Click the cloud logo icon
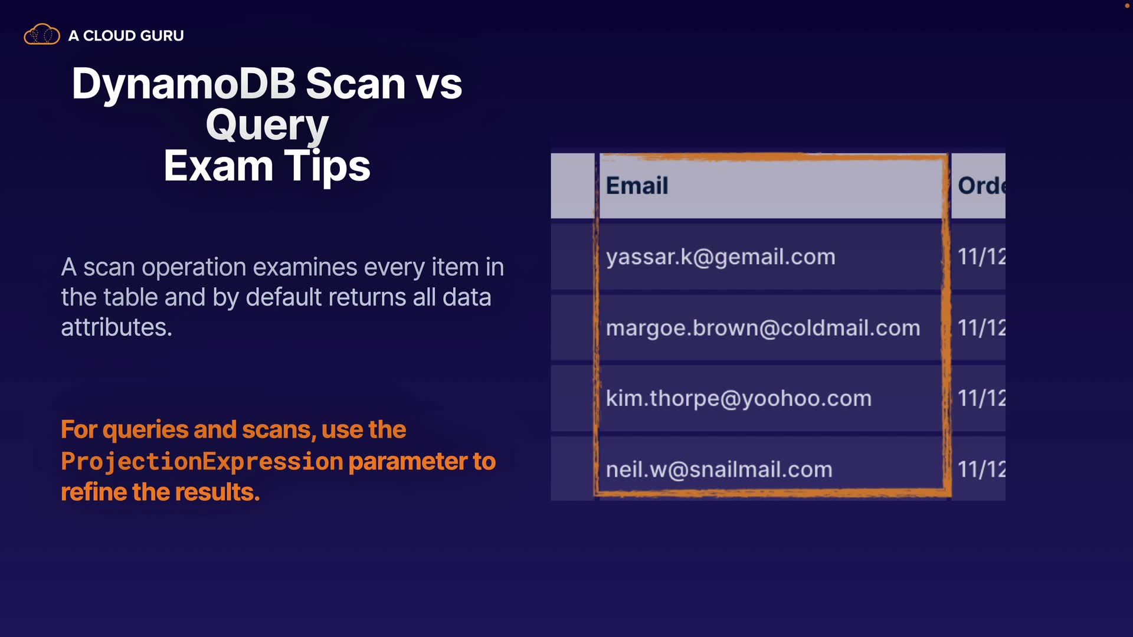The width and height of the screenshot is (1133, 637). [x=41, y=35]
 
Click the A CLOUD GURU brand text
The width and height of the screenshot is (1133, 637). [x=126, y=35]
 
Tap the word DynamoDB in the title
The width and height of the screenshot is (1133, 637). [x=184, y=83]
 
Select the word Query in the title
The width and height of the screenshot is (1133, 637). [x=267, y=126]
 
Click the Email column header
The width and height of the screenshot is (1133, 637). [x=637, y=186]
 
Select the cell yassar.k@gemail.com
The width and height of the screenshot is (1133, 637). [x=721, y=257]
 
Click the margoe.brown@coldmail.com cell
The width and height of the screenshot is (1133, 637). [x=763, y=328]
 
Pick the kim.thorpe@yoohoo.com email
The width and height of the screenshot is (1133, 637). [x=739, y=399]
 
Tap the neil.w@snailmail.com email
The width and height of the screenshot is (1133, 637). [x=719, y=469]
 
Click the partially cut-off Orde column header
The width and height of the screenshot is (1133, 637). [x=981, y=186]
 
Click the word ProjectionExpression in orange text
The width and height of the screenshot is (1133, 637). [x=202, y=461]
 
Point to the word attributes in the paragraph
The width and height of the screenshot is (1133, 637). [x=116, y=327]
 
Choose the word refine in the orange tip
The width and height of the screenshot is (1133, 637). [x=93, y=492]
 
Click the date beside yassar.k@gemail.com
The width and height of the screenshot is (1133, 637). [x=981, y=257]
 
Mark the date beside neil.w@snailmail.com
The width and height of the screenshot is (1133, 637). [x=981, y=469]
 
